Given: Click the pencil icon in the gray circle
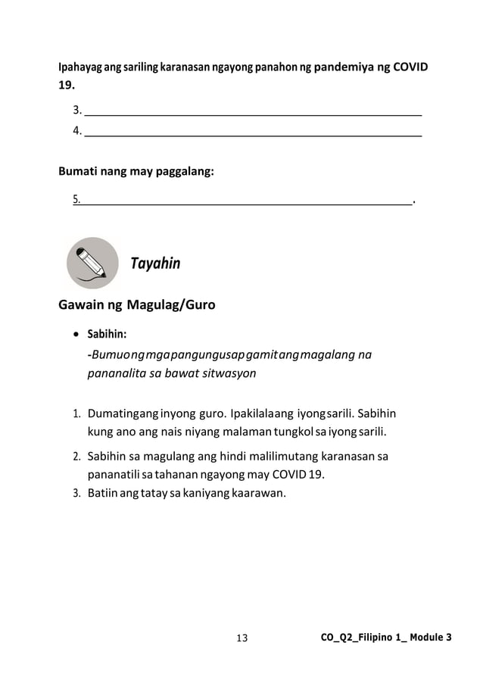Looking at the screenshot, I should point(92,263).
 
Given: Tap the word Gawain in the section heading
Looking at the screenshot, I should point(81,306).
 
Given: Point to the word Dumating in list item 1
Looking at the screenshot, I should point(113,414).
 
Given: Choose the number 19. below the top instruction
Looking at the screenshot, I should point(67,85).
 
